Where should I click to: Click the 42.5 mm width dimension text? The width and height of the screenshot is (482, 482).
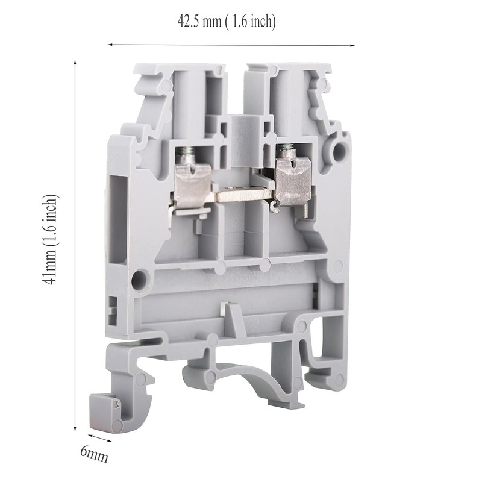pyautogui.click(x=227, y=22)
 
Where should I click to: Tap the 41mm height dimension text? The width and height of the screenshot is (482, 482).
pyautogui.click(x=49, y=239)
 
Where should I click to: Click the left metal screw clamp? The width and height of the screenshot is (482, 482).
pyautogui.click(x=192, y=188)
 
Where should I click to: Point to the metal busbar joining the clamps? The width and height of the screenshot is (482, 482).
pyautogui.click(x=240, y=195)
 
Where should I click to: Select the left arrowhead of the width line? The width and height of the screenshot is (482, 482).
pyautogui.click(x=110, y=45)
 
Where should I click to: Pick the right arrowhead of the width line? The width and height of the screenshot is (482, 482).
pyautogui.click(x=352, y=46)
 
